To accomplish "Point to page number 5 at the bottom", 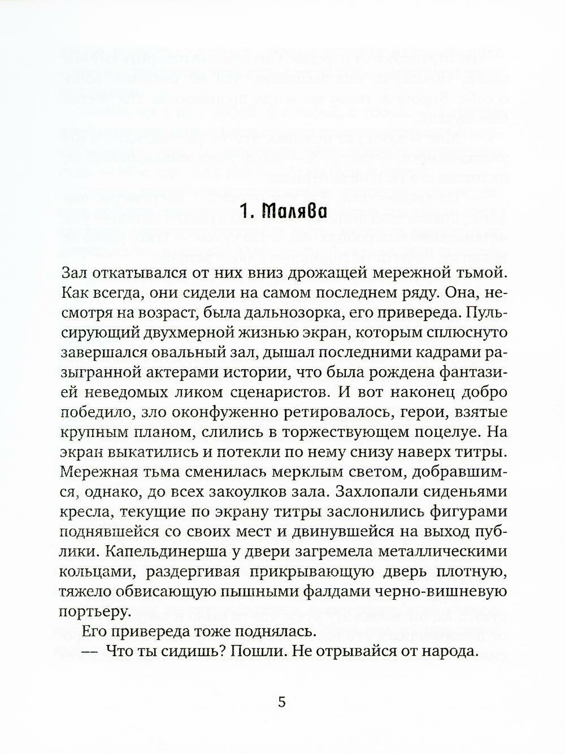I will point(282,703).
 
